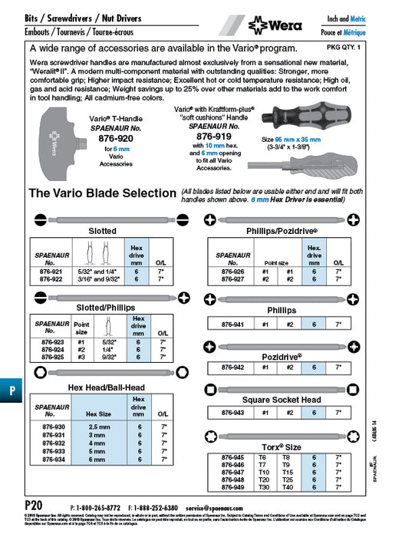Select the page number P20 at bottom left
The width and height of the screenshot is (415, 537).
[x=32, y=508]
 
